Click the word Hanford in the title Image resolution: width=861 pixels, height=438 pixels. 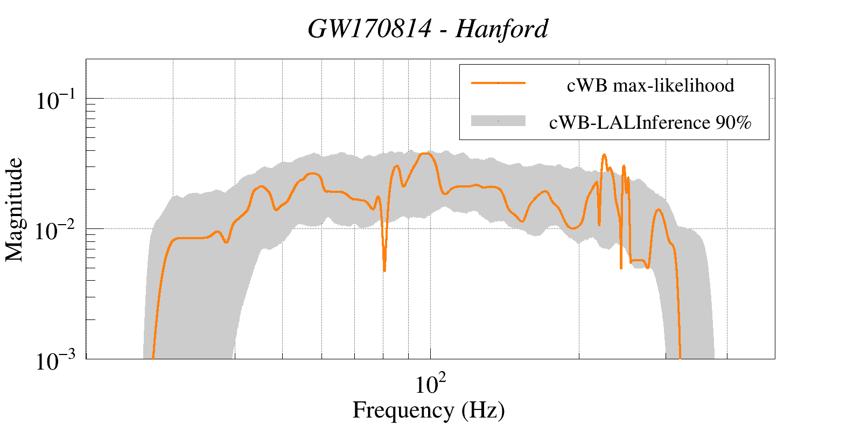click(x=501, y=29)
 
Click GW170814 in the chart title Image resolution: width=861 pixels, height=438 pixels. click(x=369, y=29)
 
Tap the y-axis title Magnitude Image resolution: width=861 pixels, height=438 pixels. click(x=15, y=210)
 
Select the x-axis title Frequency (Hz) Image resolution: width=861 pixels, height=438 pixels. click(x=429, y=410)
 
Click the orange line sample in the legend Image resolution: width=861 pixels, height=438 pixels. click(x=498, y=83)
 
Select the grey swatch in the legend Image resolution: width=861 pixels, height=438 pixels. click(x=498, y=121)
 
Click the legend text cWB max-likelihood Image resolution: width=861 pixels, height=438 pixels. click(x=650, y=85)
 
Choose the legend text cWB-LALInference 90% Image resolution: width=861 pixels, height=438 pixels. click(x=650, y=123)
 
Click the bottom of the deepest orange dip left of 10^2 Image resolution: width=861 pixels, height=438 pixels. click(x=384, y=270)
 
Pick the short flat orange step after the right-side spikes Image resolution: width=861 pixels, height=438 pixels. click(x=638, y=260)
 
